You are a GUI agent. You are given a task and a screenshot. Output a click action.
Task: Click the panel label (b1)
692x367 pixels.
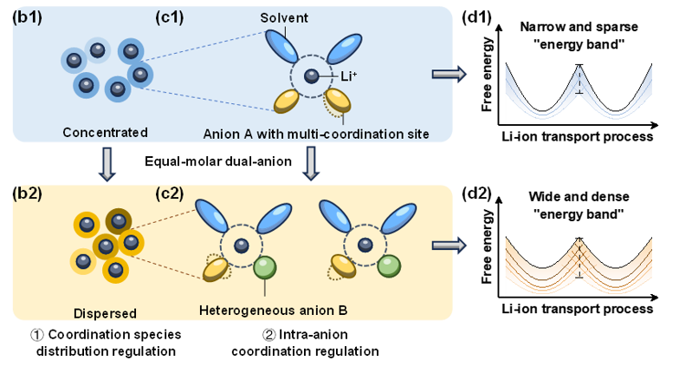[25, 16]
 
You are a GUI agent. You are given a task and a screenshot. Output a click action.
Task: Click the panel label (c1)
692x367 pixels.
[171, 16]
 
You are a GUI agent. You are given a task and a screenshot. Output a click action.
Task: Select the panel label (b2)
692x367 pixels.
[25, 193]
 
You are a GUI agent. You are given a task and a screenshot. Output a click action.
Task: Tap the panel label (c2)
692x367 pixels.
[171, 193]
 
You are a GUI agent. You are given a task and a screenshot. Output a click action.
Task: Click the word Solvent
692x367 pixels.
[285, 17]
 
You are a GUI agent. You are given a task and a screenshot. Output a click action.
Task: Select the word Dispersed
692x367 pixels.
[105, 312]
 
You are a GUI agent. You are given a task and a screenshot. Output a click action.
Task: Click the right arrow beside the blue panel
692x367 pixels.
[449, 75]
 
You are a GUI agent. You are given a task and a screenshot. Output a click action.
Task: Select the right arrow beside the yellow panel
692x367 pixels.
[449, 244]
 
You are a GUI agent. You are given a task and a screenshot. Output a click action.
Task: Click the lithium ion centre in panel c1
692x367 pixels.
[311, 76]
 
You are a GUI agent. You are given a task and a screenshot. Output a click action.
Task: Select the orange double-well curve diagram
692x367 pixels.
[578, 259]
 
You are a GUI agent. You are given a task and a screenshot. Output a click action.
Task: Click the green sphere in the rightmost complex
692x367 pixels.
[387, 265]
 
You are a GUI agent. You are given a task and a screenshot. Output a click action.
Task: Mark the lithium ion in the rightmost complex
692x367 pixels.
[366, 245]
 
